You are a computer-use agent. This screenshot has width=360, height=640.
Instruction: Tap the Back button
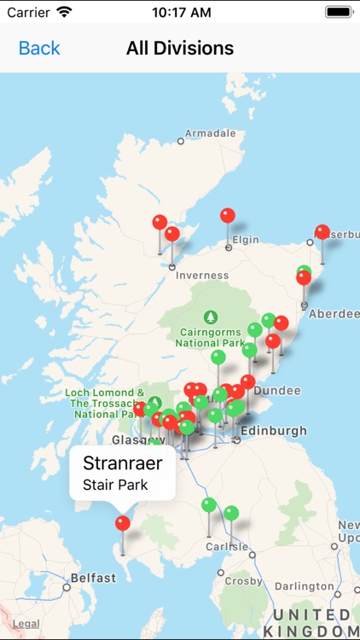(x=39, y=49)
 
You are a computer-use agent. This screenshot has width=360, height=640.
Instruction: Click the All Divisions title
(x=180, y=49)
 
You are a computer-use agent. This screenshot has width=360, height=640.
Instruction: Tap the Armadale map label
(x=210, y=134)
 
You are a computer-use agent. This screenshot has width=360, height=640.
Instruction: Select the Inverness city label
(x=202, y=276)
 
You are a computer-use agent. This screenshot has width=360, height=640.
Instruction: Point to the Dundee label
(x=277, y=390)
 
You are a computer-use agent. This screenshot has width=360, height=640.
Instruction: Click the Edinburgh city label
(x=273, y=431)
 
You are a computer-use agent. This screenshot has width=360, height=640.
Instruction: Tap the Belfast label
(x=93, y=578)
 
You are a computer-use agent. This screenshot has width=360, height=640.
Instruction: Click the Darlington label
(x=305, y=586)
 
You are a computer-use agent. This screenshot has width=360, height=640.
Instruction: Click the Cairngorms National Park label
(x=210, y=337)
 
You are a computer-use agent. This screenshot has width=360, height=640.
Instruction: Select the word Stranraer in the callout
(x=122, y=463)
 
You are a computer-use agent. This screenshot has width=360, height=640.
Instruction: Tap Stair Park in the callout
(x=115, y=485)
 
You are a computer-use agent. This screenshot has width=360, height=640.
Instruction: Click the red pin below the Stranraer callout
(x=123, y=523)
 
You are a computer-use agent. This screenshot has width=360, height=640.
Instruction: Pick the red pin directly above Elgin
(x=228, y=216)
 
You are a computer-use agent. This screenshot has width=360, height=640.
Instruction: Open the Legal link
(x=26, y=625)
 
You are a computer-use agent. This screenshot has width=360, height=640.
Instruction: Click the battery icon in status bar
(x=338, y=13)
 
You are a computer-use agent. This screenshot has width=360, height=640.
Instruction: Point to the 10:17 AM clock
(x=180, y=13)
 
